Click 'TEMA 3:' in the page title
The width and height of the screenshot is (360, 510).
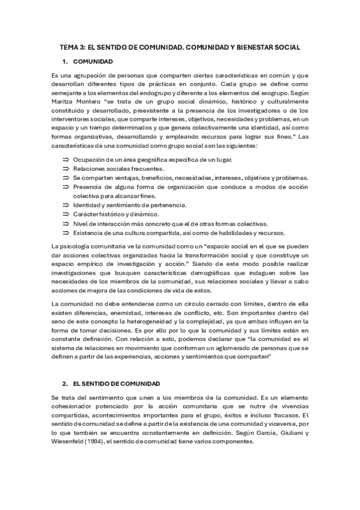[73, 46]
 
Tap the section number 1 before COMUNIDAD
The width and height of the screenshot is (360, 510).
[64, 61]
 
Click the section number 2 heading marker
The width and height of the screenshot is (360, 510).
[64, 383]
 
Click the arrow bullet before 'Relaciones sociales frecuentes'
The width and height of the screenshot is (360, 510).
[66, 168]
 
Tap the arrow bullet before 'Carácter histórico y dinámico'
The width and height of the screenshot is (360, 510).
[66, 214]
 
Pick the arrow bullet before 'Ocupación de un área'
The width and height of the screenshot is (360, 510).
[66, 159]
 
